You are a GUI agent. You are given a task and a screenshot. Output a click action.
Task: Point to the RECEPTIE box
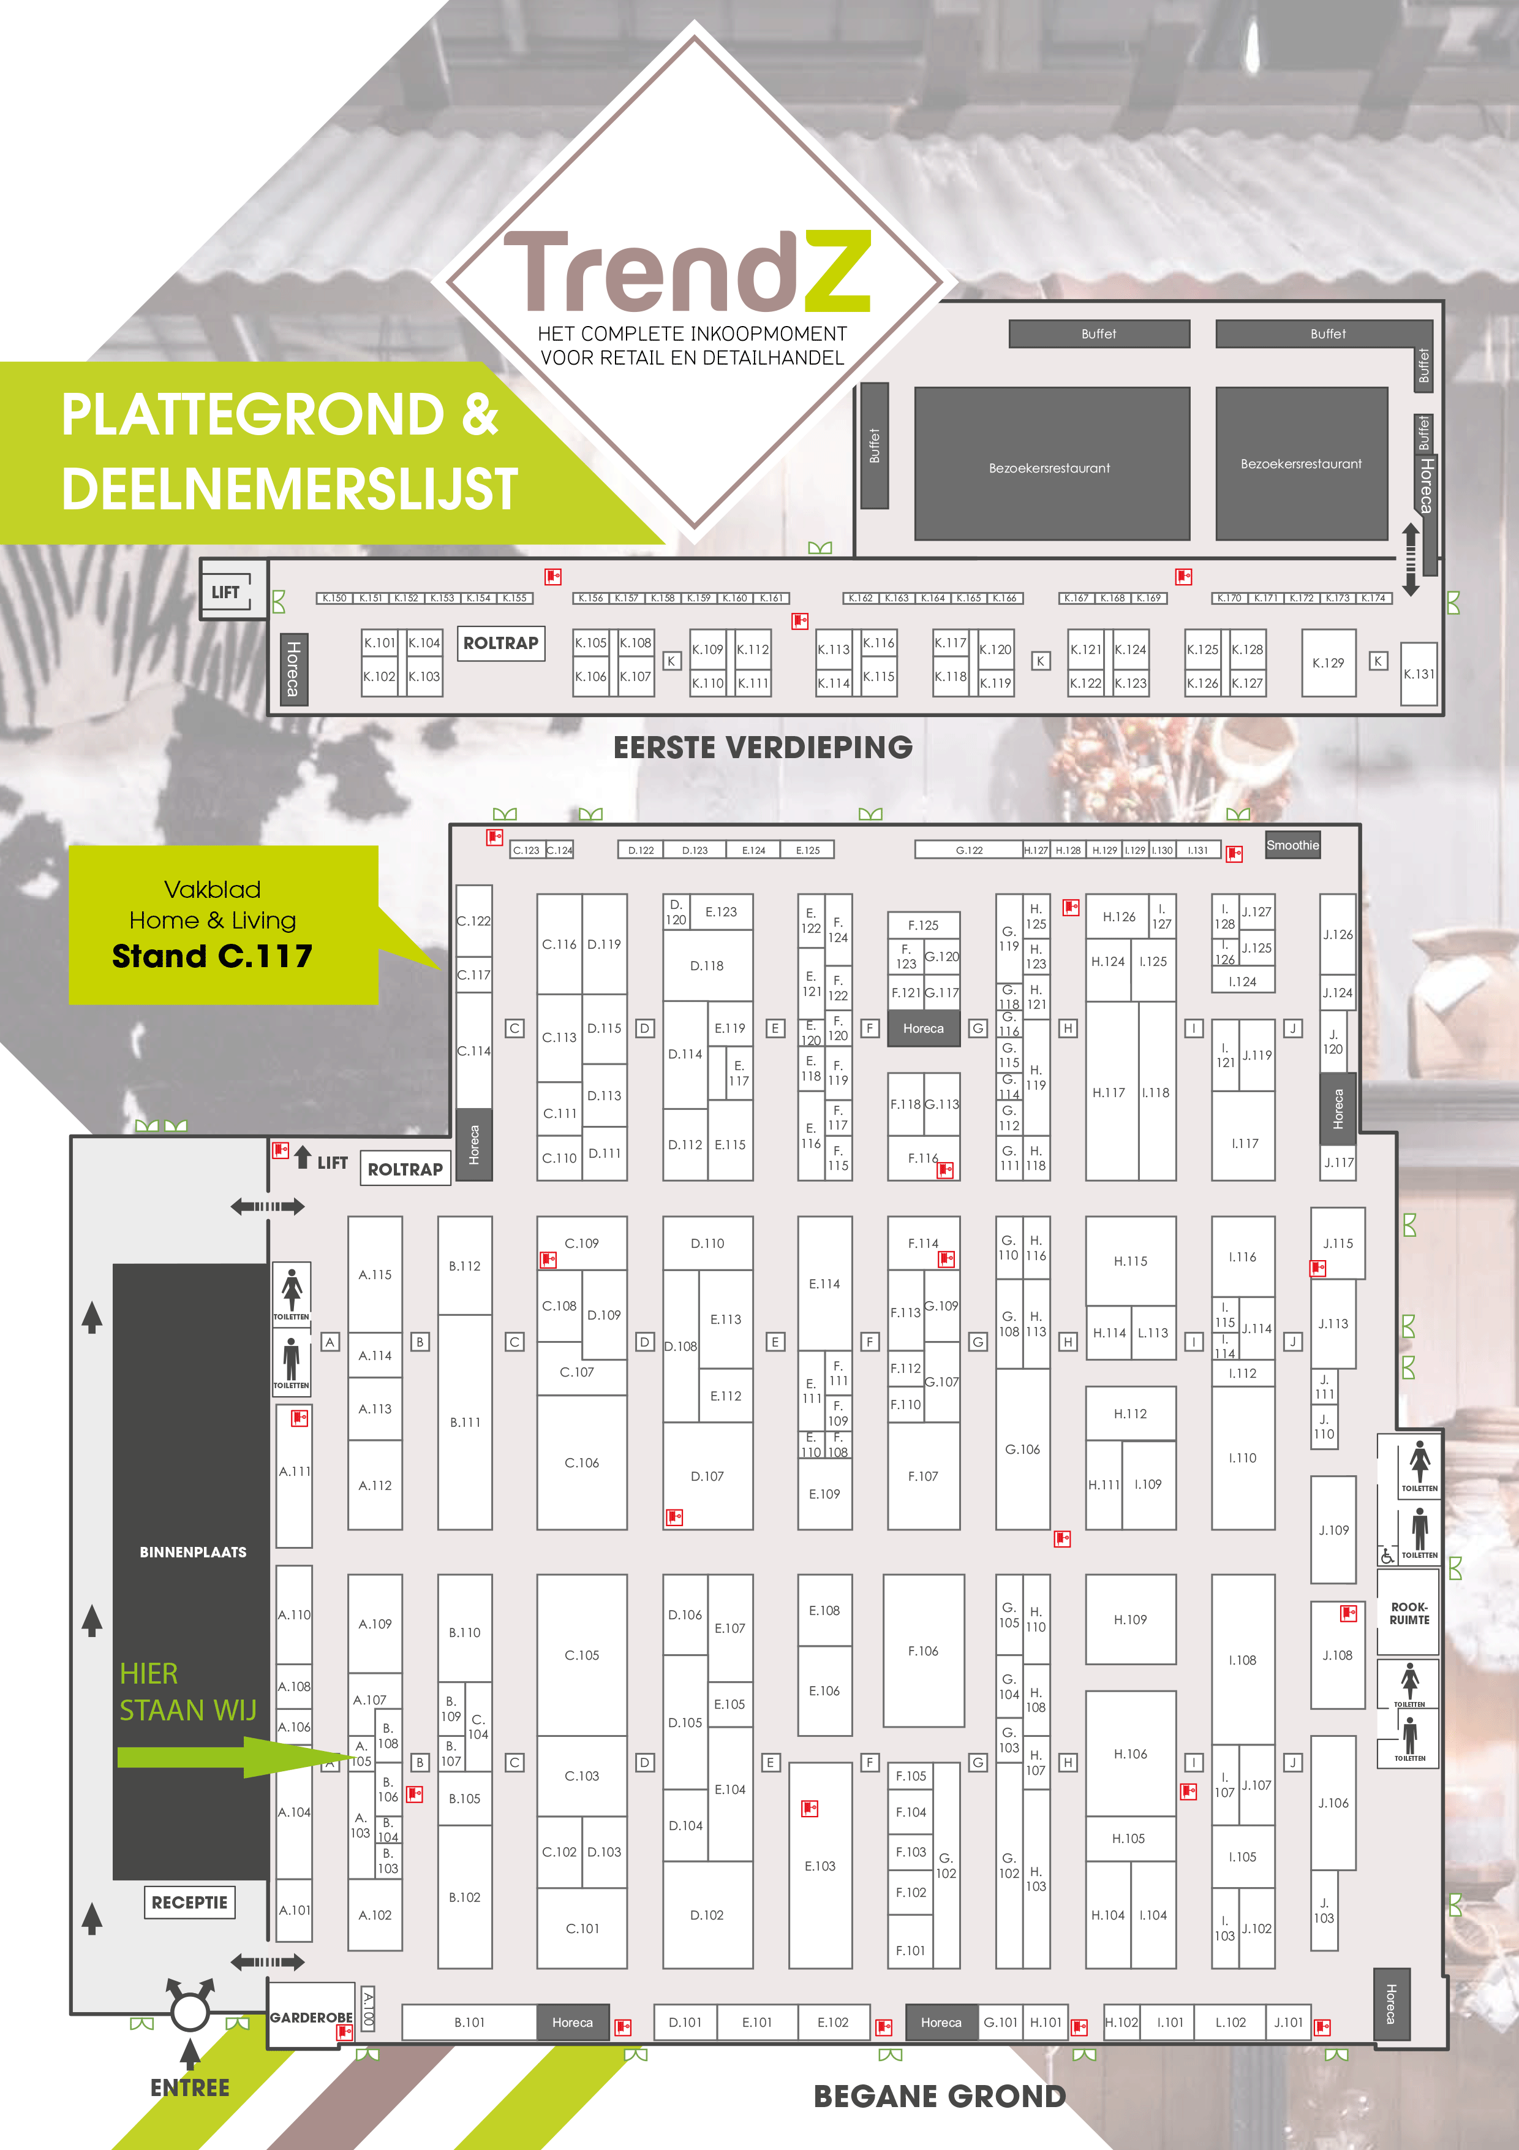tap(189, 1902)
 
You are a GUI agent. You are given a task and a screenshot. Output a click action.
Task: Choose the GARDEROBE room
tap(311, 2016)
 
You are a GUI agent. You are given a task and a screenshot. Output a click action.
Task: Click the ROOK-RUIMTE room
tap(1409, 1612)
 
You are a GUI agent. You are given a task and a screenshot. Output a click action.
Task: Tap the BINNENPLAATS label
tap(193, 1552)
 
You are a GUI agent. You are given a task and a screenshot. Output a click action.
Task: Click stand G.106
tap(1022, 1449)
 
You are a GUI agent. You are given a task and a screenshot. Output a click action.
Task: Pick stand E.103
tap(820, 1866)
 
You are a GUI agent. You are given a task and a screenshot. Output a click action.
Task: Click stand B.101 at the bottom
tap(469, 2022)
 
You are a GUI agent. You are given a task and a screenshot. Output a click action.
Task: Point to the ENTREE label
tap(190, 2087)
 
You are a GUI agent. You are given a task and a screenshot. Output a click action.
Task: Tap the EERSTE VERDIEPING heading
tap(763, 747)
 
